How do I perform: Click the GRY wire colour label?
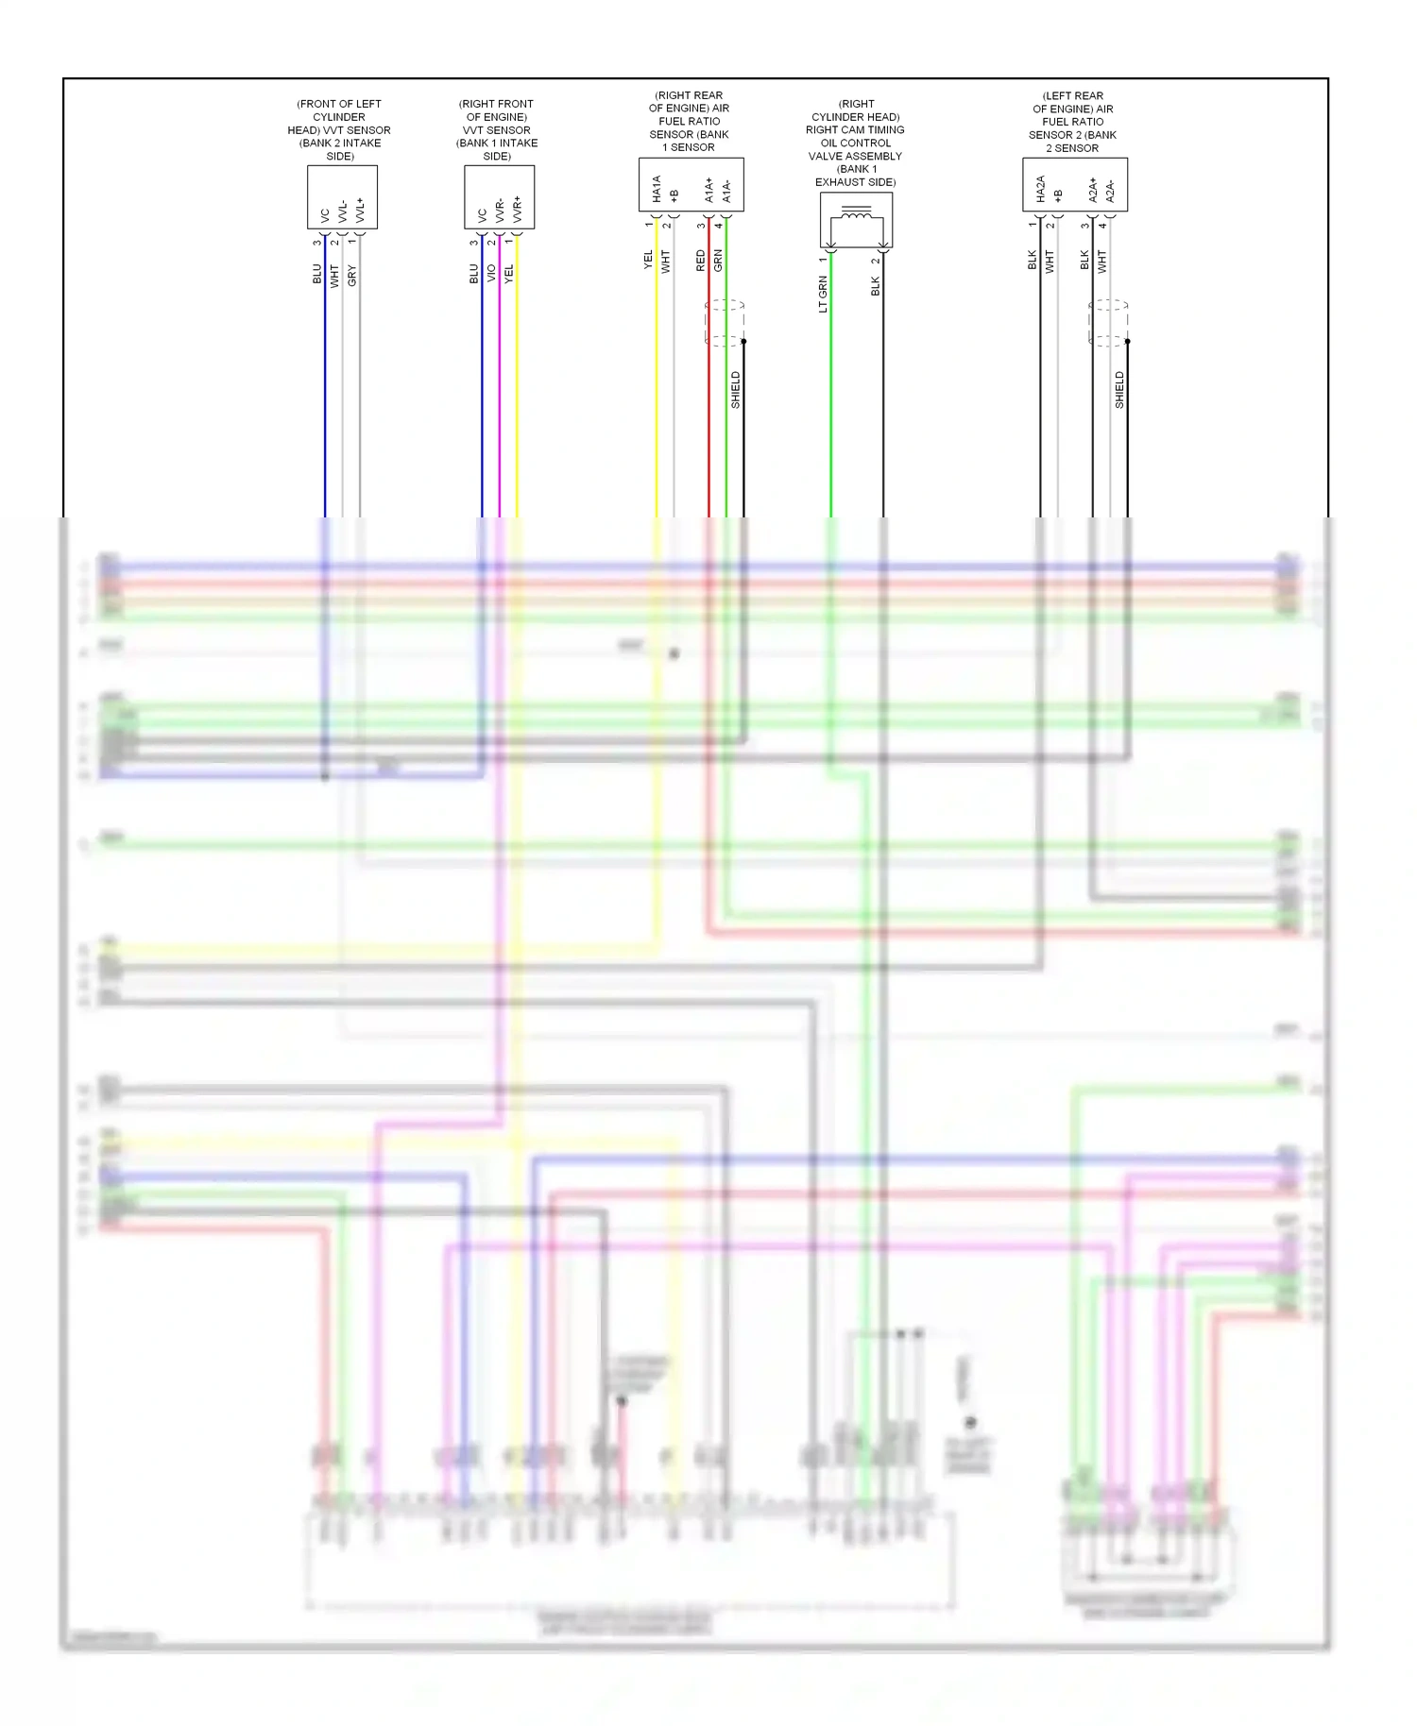tap(351, 276)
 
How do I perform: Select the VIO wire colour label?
tap(491, 273)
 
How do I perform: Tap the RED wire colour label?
tap(700, 261)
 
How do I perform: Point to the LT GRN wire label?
tap(823, 294)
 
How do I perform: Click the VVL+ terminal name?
tap(360, 210)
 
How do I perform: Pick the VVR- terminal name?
tap(500, 210)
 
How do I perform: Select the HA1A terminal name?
tap(657, 189)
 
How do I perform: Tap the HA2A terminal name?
tap(1040, 189)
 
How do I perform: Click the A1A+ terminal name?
tap(708, 190)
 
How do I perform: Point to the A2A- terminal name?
tap(1110, 191)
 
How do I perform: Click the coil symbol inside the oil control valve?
tap(856, 216)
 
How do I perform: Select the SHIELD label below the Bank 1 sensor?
tap(736, 390)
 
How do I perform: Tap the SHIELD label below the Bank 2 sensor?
tap(1119, 390)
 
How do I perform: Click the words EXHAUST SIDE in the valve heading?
tap(856, 182)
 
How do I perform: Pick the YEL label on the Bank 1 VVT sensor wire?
tap(509, 274)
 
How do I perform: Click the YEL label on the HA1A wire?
tap(648, 260)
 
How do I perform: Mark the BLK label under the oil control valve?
tap(875, 286)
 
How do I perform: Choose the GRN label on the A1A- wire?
tap(718, 261)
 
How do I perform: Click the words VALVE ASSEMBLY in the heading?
tap(856, 156)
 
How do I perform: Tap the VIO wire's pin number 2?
tap(491, 243)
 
